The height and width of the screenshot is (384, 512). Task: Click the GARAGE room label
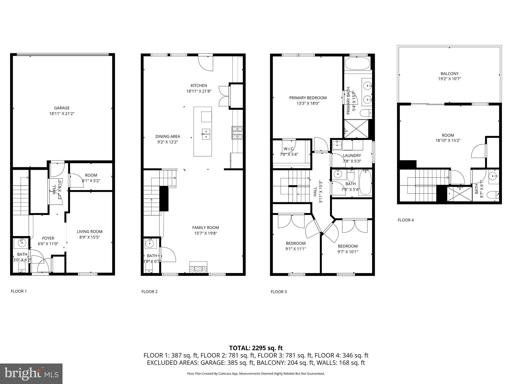coord(62,108)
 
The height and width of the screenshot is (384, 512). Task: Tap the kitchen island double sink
coord(206,134)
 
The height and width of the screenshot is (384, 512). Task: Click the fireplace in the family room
coord(198,268)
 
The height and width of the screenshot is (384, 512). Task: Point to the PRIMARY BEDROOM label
coord(308,98)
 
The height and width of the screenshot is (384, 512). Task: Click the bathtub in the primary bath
coord(357,63)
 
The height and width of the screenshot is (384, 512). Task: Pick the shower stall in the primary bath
coord(356,128)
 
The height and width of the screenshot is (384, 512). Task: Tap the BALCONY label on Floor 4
coord(449,73)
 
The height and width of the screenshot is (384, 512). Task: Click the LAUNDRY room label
coord(352,155)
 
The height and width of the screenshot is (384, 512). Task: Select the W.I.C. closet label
coord(289,149)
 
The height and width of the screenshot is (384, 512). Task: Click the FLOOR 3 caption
coord(278,291)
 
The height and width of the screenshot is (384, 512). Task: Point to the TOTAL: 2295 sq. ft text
coord(256,348)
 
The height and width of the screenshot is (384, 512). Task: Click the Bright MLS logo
coord(31,373)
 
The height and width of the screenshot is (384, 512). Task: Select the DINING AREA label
coord(167,136)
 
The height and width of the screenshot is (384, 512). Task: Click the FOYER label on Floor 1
coord(48,238)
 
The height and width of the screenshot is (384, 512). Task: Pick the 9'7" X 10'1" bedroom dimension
coord(347,252)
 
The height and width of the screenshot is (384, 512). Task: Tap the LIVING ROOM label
coord(89,231)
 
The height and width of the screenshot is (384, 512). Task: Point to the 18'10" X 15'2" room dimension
coord(448,140)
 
